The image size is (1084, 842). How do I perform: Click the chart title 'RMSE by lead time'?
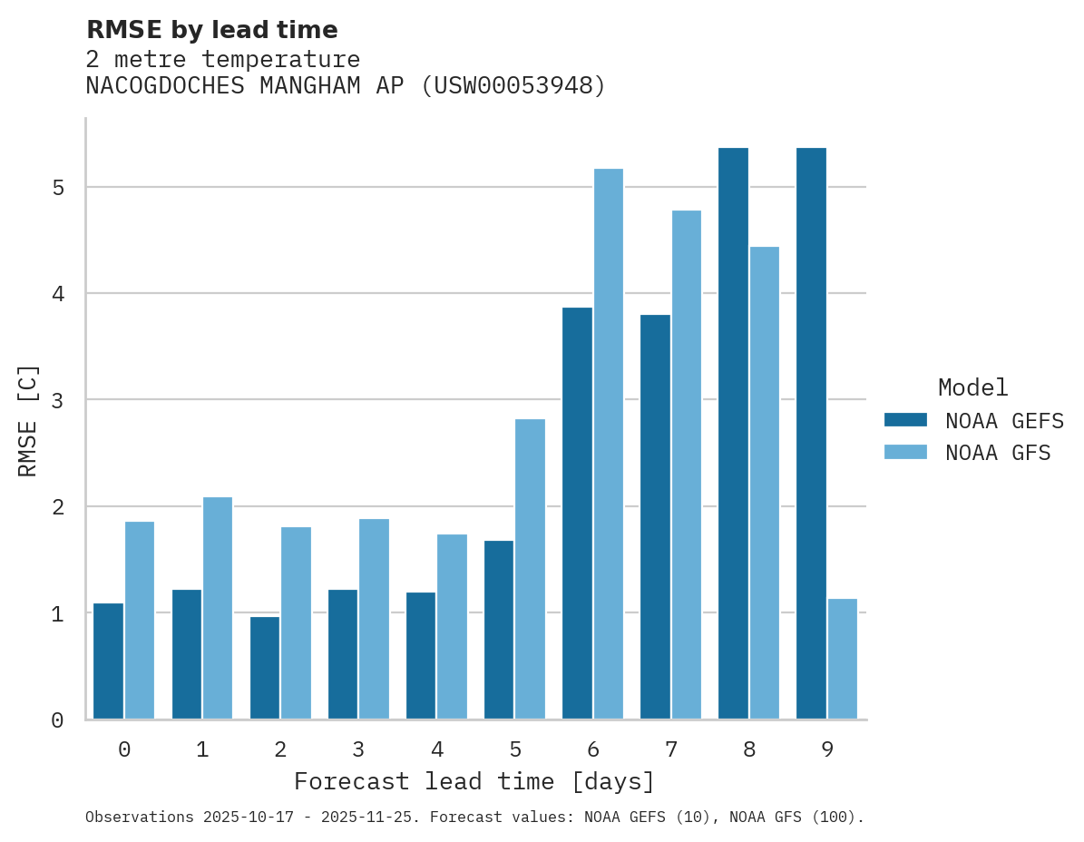tap(211, 30)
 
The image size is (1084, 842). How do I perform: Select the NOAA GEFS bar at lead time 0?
tap(108, 661)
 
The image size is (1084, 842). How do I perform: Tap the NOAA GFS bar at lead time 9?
tap(843, 659)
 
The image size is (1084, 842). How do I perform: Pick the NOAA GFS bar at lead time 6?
tap(608, 444)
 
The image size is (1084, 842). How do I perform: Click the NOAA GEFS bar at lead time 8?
tap(733, 433)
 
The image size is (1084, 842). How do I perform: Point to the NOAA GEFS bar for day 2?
tap(265, 668)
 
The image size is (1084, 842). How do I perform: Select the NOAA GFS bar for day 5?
tap(530, 569)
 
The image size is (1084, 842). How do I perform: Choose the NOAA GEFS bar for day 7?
tap(655, 516)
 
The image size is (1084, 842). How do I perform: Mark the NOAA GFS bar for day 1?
tap(218, 608)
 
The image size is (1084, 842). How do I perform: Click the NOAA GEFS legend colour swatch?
tap(905, 420)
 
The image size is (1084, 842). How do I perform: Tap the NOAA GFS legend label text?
tap(998, 453)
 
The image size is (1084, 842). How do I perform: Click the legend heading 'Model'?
tap(972, 387)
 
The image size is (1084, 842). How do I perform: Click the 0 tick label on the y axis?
tap(57, 720)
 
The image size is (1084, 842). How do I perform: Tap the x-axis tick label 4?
tap(436, 749)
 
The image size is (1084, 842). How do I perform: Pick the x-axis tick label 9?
tap(826, 749)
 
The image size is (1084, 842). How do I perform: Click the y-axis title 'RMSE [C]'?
tap(28, 420)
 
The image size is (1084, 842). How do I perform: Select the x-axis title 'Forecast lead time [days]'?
tap(474, 781)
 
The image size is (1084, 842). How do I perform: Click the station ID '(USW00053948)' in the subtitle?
tap(513, 86)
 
